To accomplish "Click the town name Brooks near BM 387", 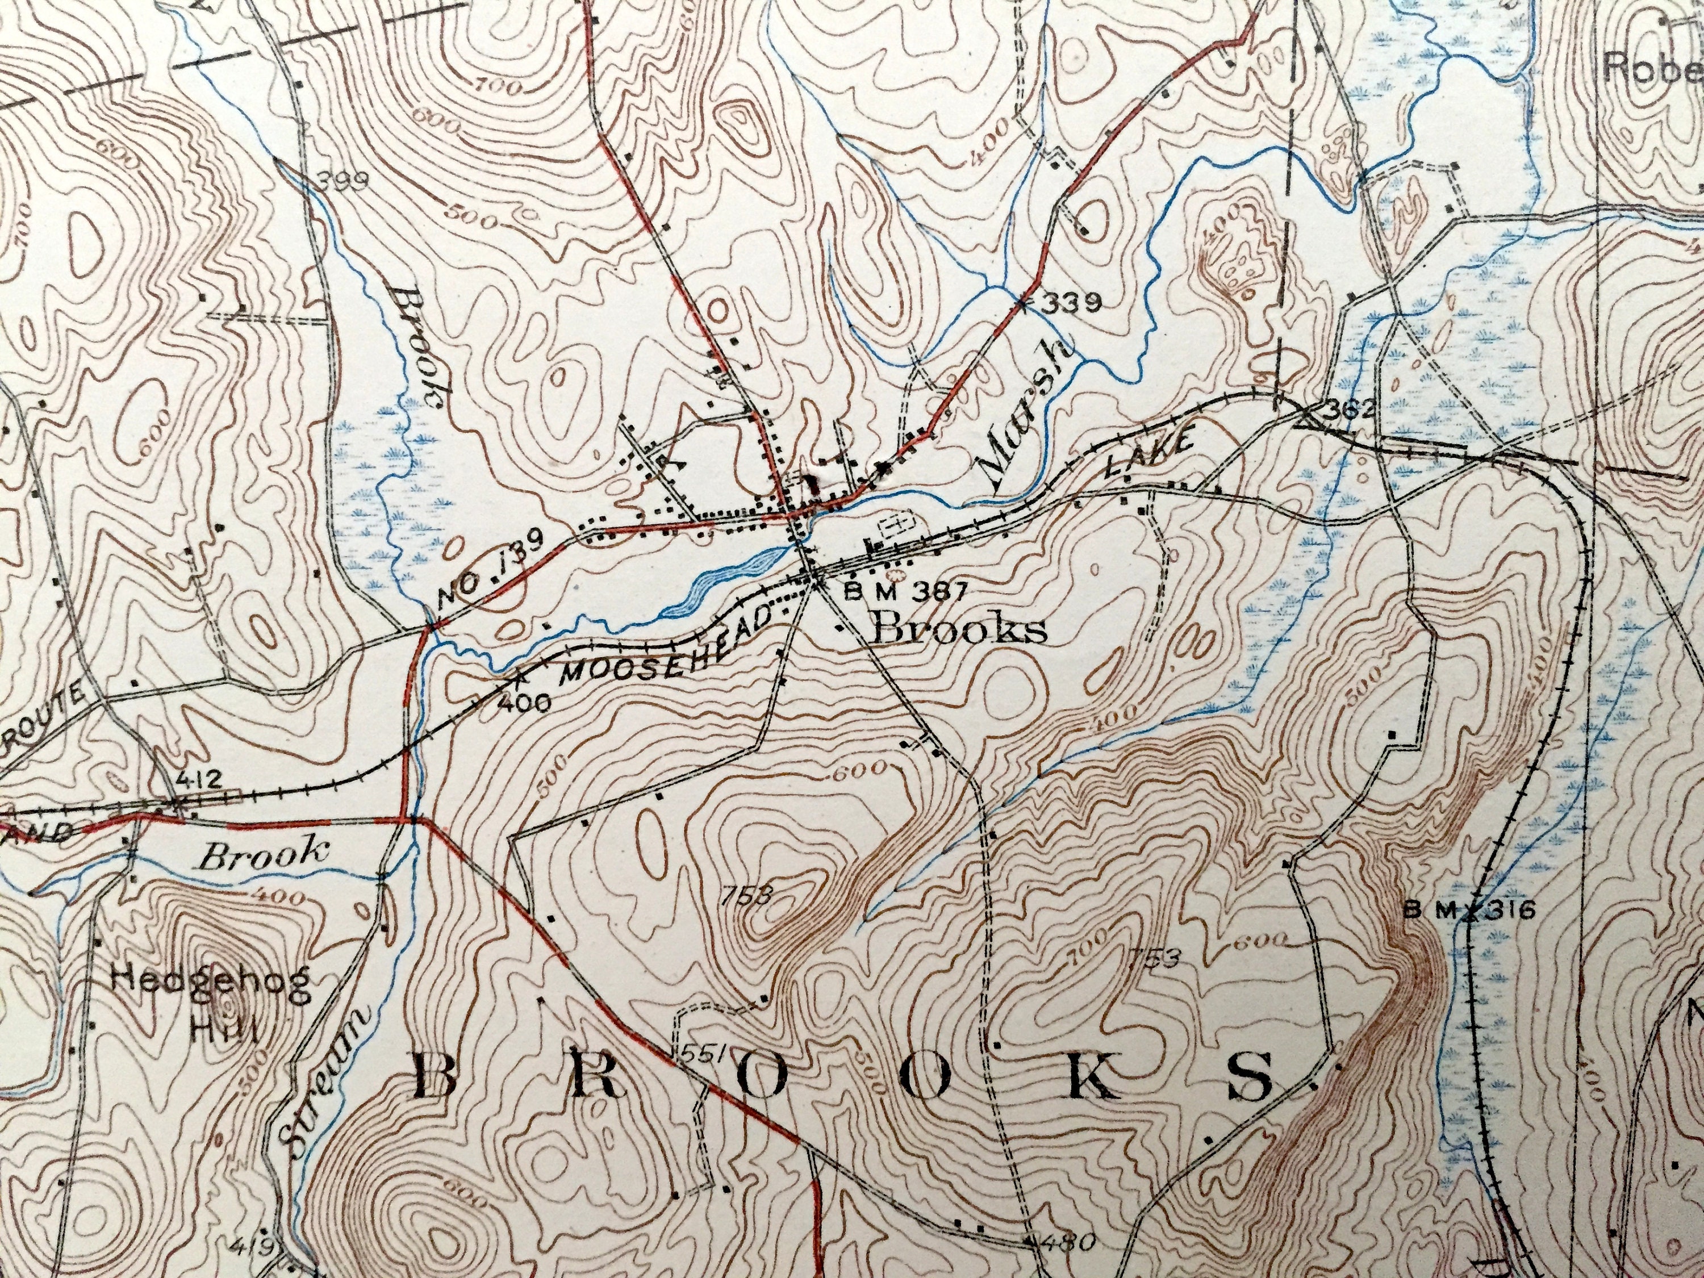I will coord(960,629).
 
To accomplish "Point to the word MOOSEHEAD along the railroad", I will coord(667,642).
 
